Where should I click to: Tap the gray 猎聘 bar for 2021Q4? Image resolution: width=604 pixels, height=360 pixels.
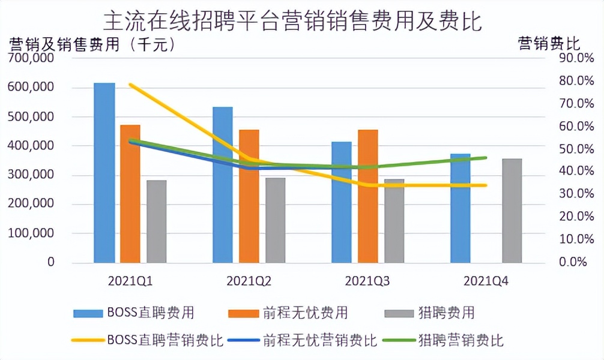[x=512, y=211]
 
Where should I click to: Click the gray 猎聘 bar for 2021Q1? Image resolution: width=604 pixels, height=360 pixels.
[x=157, y=221]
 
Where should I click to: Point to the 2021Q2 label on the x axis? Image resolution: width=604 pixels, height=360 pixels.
[x=249, y=280]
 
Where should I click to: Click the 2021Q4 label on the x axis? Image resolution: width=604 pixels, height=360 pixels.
[x=486, y=280]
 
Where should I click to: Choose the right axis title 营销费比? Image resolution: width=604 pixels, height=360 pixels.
[x=549, y=43]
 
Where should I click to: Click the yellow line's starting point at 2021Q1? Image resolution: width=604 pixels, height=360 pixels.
[x=130, y=85]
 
